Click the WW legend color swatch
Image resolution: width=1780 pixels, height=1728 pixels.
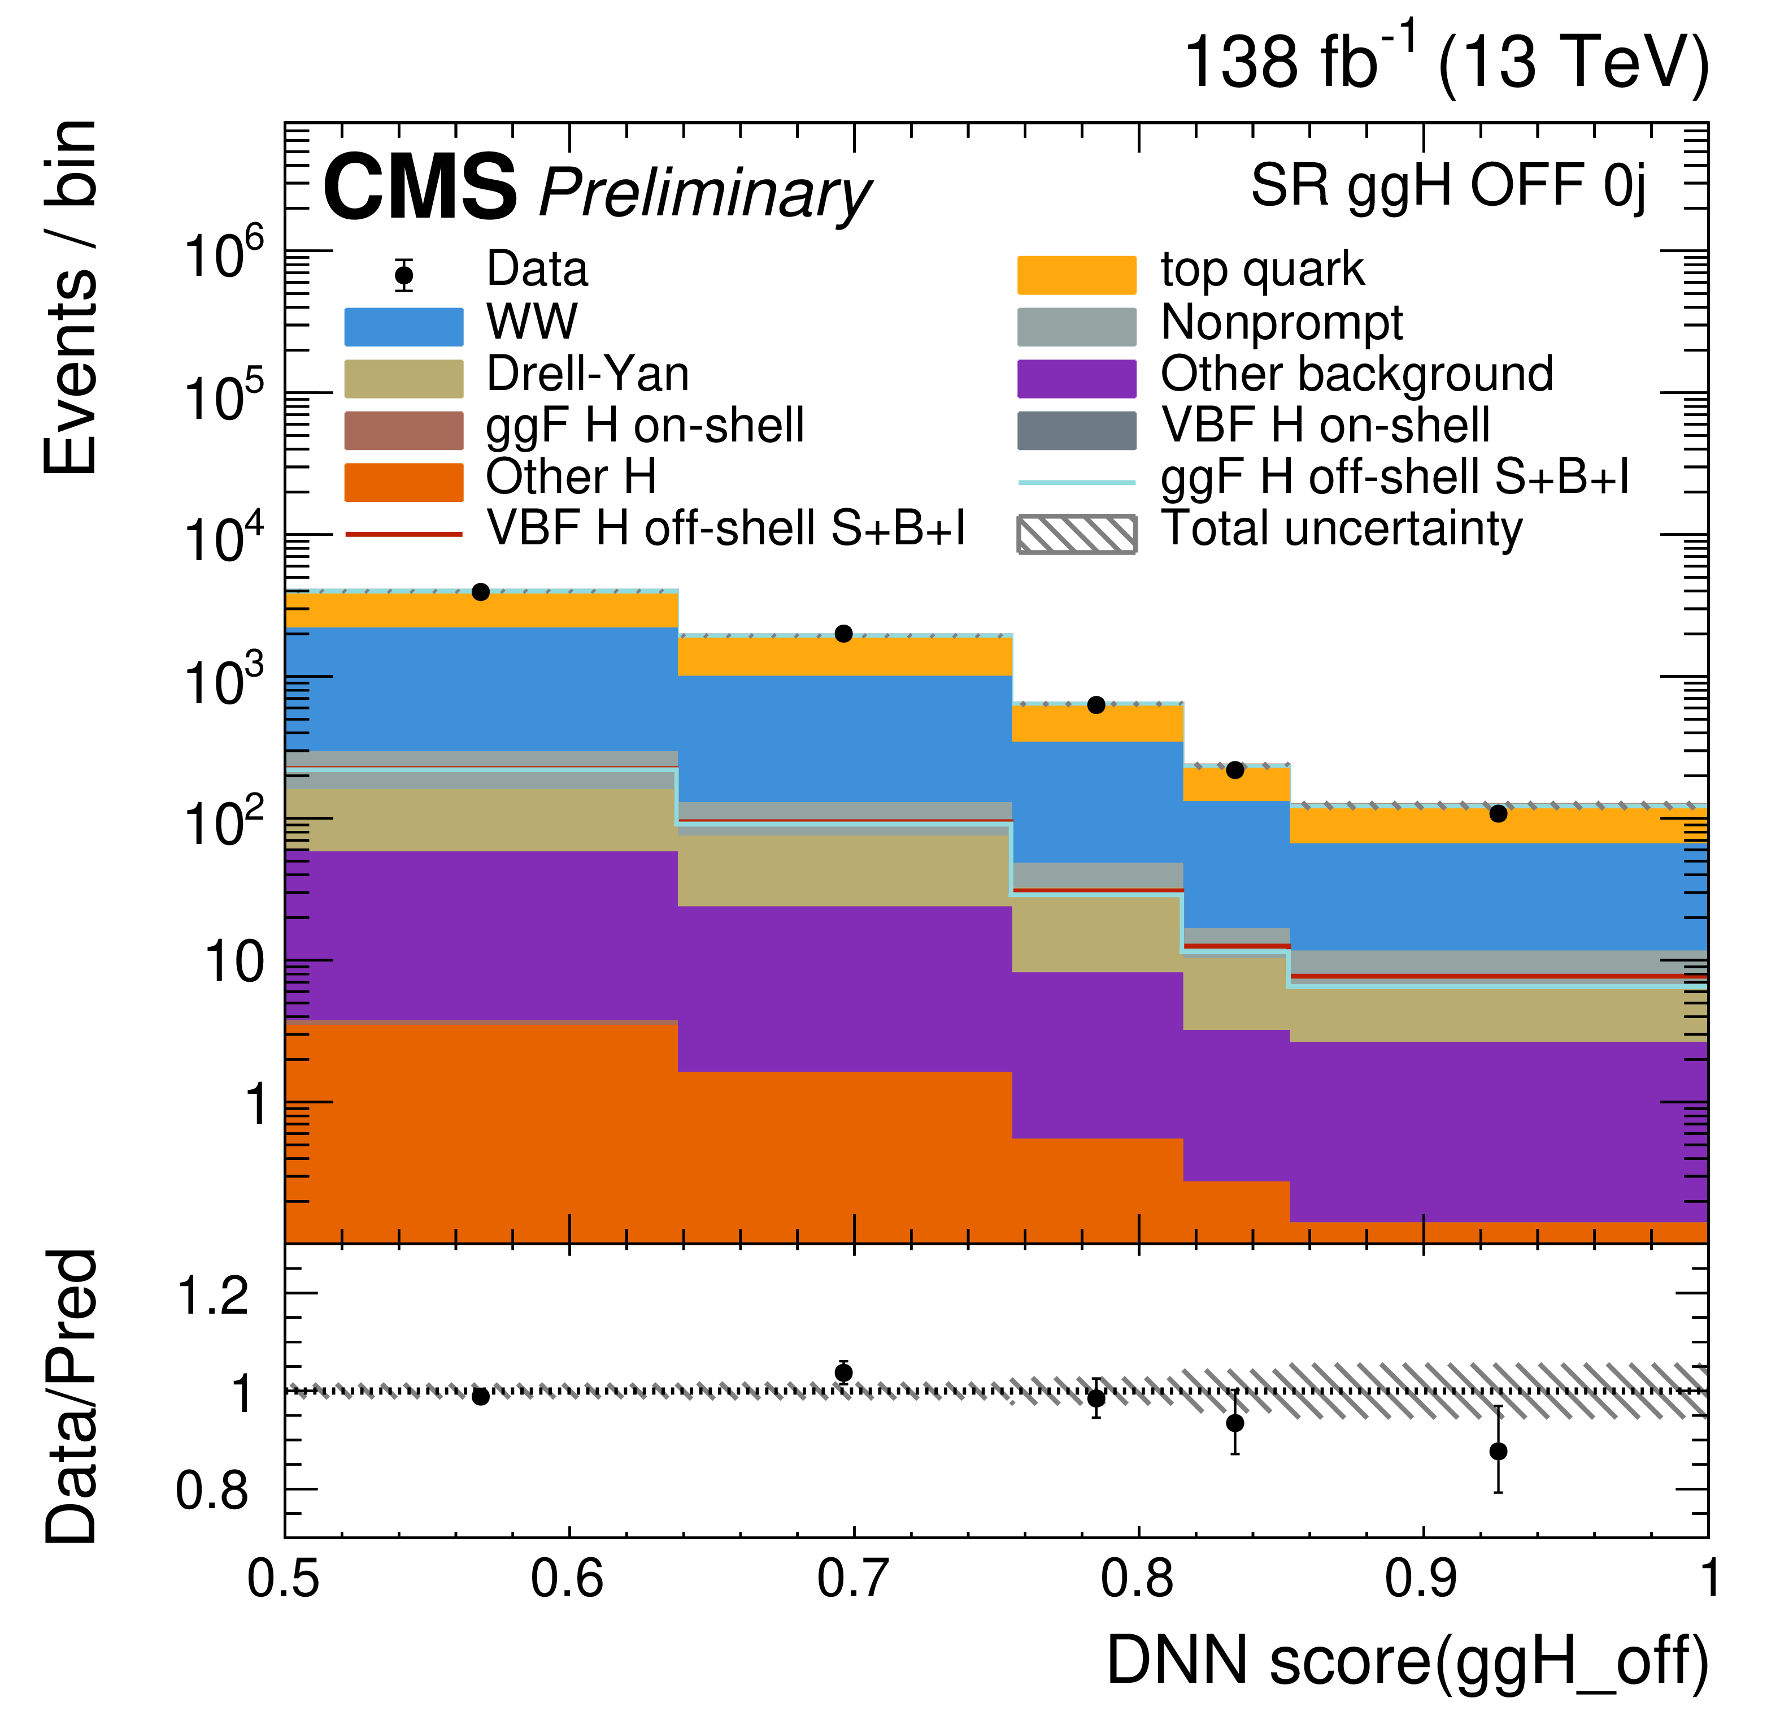(x=403, y=327)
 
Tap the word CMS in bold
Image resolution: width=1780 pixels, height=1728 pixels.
(x=420, y=188)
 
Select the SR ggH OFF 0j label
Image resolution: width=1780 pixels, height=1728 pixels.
(x=1448, y=186)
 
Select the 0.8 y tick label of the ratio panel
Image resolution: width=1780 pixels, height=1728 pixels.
(x=212, y=1491)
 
